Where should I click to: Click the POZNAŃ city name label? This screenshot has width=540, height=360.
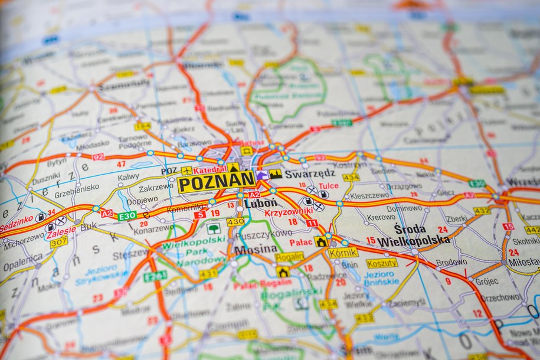coord(216,182)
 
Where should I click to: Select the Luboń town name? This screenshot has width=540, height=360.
coord(260,203)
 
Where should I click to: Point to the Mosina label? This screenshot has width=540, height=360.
coord(256,250)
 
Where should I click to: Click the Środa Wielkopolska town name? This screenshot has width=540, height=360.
coord(413,235)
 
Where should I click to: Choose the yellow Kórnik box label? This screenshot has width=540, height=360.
coord(343,253)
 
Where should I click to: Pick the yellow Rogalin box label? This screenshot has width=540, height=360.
coord(290,257)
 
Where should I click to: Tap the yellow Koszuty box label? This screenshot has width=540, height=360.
coord(382,263)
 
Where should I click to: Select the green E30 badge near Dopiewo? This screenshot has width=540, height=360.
coord(127,216)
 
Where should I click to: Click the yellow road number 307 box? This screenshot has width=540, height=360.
coord(58,242)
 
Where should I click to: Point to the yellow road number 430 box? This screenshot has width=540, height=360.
coord(235,222)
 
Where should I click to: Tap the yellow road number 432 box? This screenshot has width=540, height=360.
coord(482,211)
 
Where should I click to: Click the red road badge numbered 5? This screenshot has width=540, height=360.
coord(199,215)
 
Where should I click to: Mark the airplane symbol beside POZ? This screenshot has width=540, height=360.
coord(186,171)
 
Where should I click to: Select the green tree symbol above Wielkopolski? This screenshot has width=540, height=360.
coord(213,228)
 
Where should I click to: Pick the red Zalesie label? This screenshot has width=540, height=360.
coord(62,230)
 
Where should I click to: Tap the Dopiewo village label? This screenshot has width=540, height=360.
coord(142,201)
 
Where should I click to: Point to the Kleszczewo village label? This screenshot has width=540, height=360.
coord(369,195)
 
